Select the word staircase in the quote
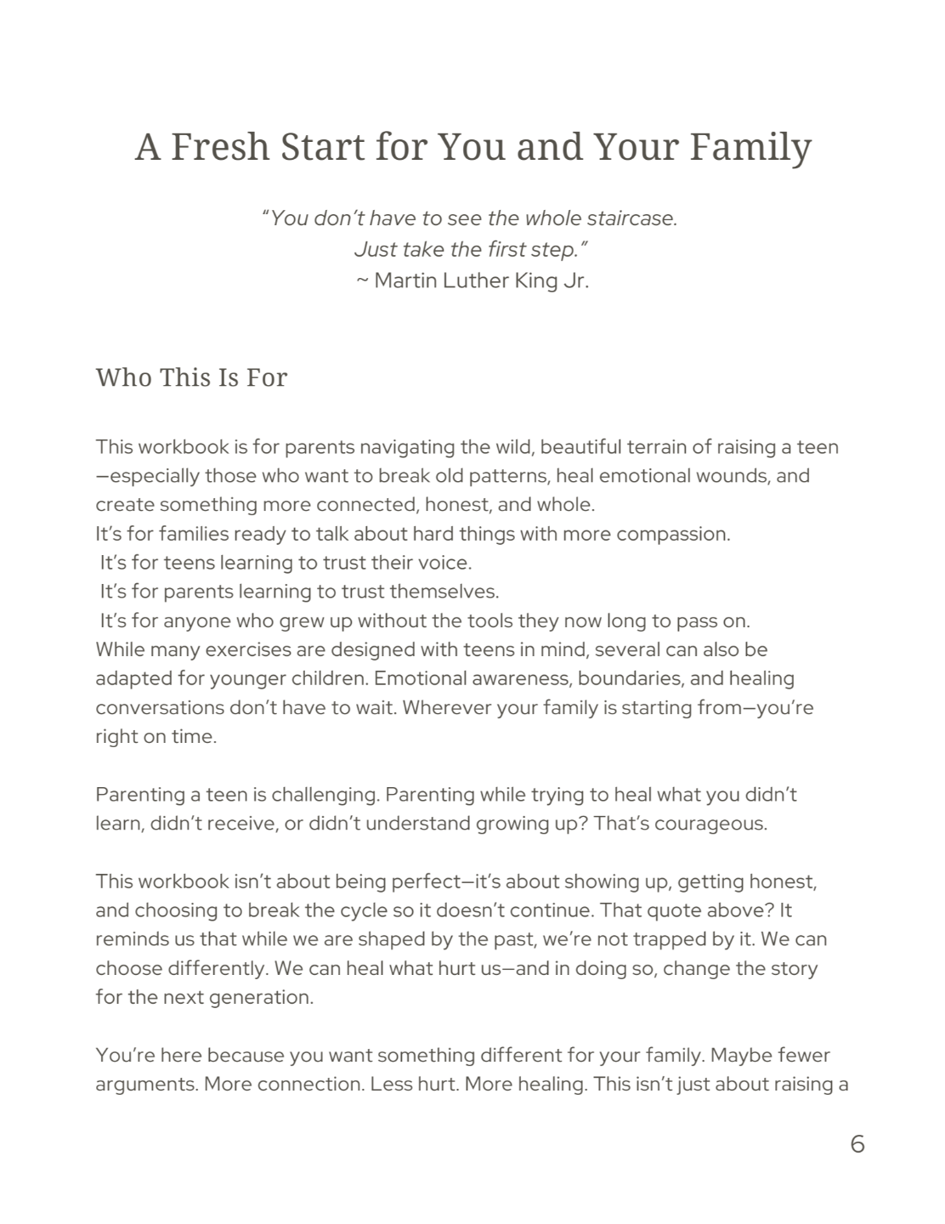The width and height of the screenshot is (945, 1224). [x=628, y=218]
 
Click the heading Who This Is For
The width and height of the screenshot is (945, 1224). [x=191, y=377]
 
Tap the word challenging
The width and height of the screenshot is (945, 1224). [x=326, y=795]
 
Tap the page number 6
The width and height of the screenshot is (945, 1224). [x=857, y=1144]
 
